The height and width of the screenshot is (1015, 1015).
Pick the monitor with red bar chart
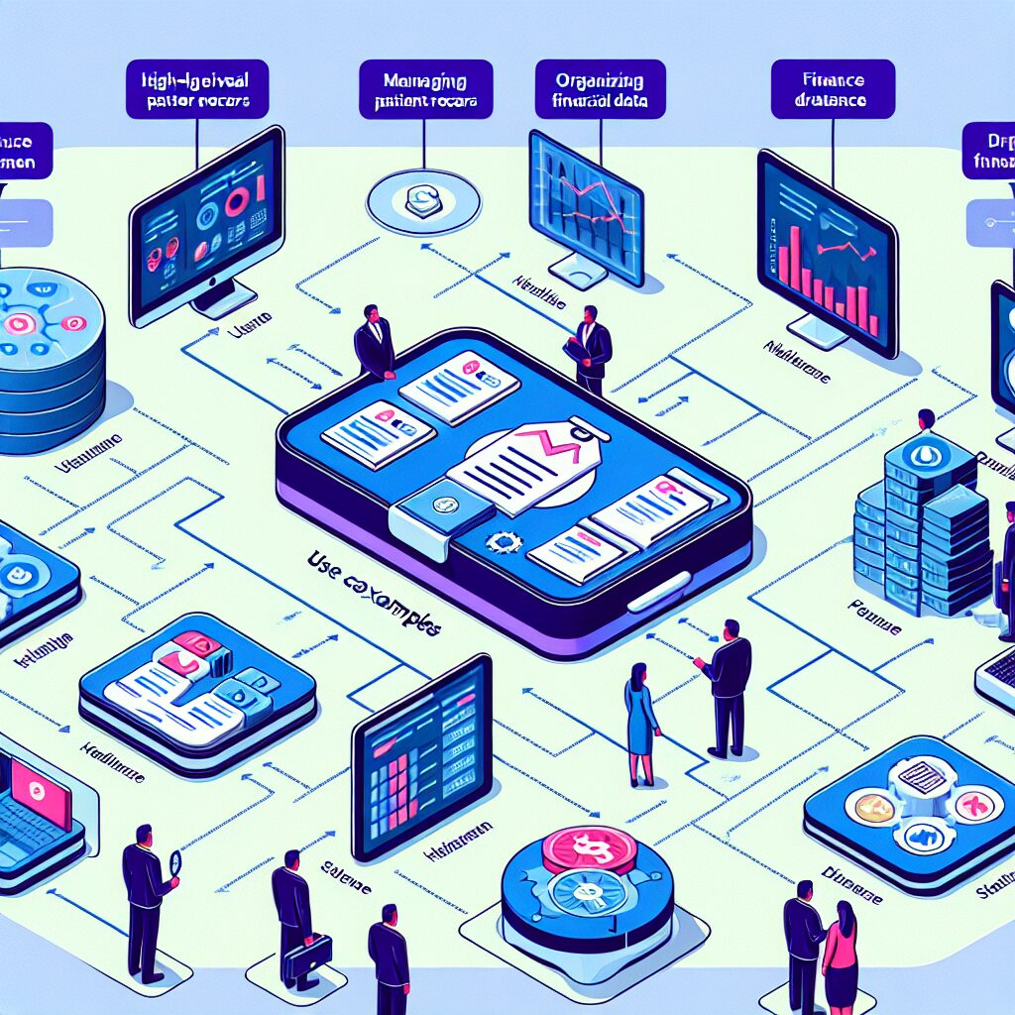[827, 253]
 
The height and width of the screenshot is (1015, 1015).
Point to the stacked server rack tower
[922, 535]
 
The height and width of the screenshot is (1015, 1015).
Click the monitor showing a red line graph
[585, 203]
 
